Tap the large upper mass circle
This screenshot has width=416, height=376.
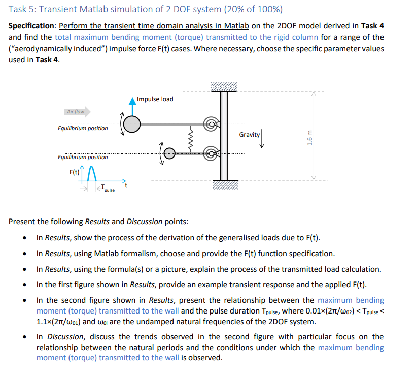(x=132, y=124)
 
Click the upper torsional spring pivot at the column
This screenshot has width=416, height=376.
(x=210, y=123)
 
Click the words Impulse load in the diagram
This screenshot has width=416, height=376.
(x=155, y=99)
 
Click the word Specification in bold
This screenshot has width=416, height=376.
(x=32, y=26)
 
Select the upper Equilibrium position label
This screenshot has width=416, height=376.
(x=83, y=128)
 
